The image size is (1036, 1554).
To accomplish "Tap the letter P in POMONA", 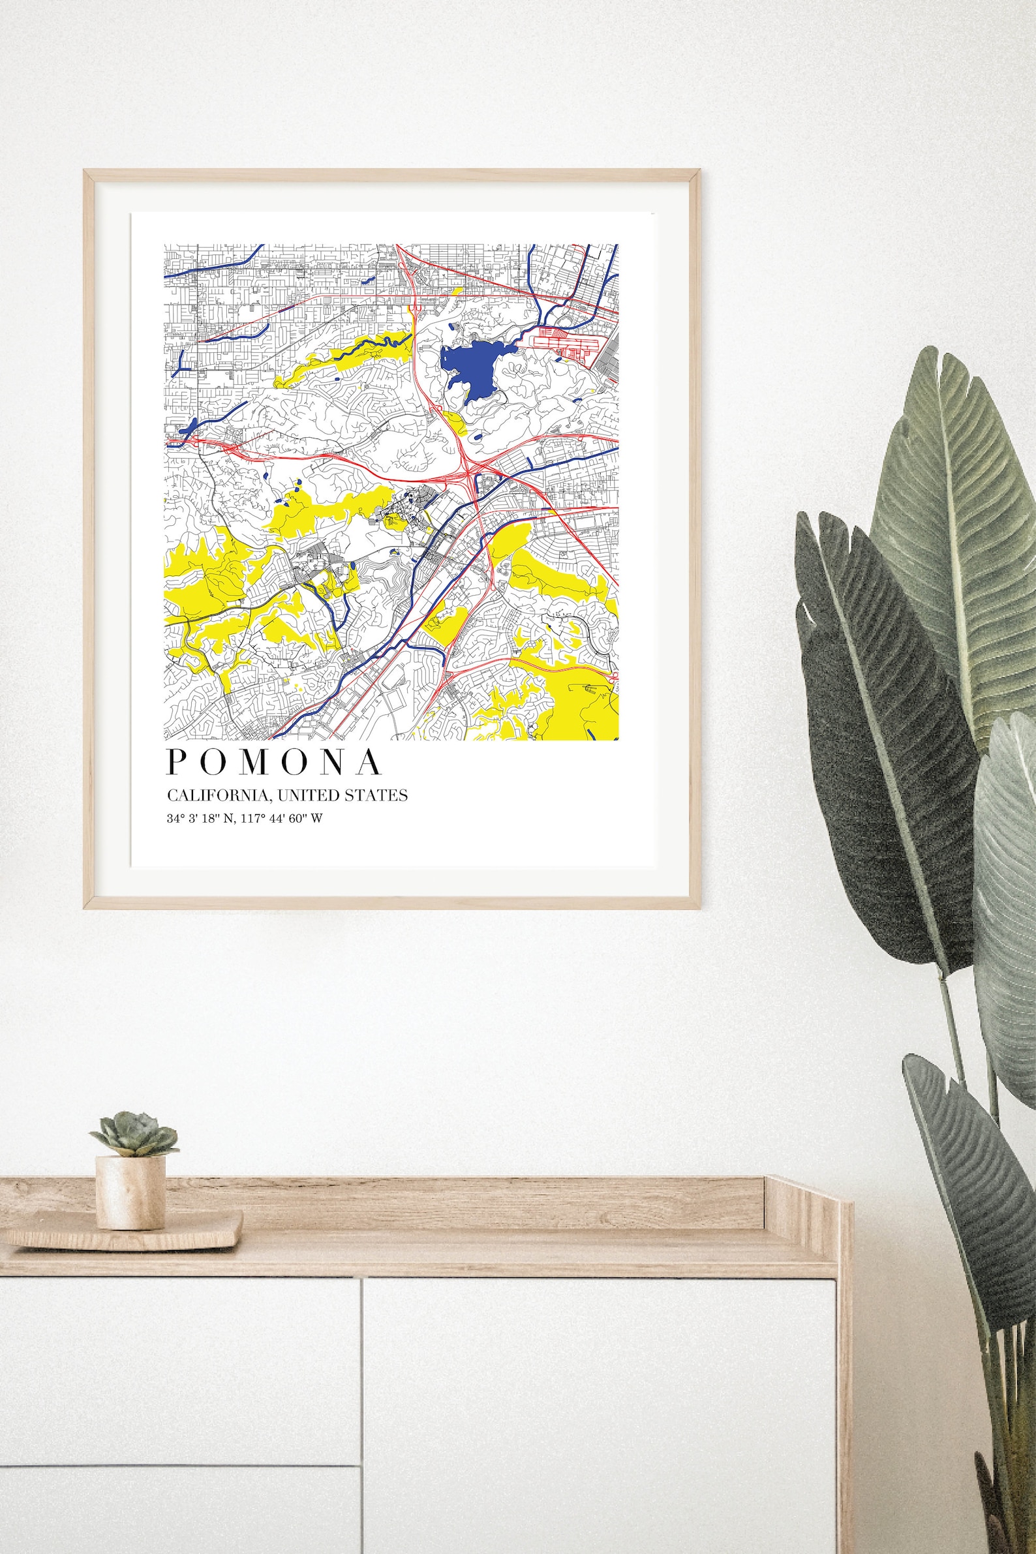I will (x=177, y=762).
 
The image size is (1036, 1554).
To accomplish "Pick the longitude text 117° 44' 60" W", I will (x=284, y=819).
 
